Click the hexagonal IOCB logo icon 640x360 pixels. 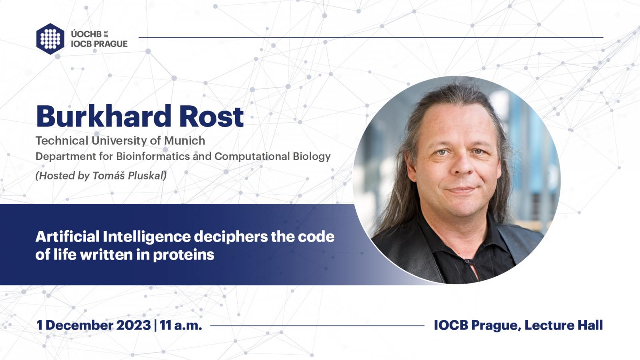click(50, 39)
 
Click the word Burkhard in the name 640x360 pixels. click(104, 116)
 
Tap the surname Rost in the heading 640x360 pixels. click(212, 116)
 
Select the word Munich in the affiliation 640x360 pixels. click(184, 140)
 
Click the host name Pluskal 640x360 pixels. click(147, 176)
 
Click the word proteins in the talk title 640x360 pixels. click(184, 255)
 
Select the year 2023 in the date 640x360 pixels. click(134, 325)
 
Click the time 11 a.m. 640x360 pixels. click(180, 325)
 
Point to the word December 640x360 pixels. click(79, 325)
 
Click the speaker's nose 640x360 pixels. click(462, 166)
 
